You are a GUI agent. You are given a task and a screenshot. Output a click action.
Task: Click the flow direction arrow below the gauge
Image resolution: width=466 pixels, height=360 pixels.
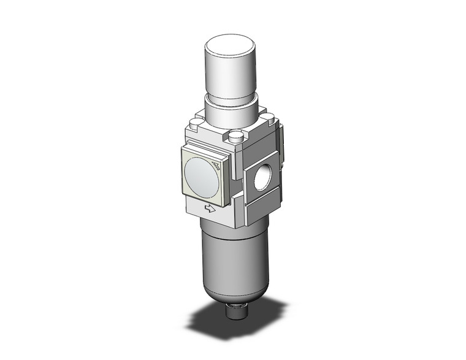click(210, 210)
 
